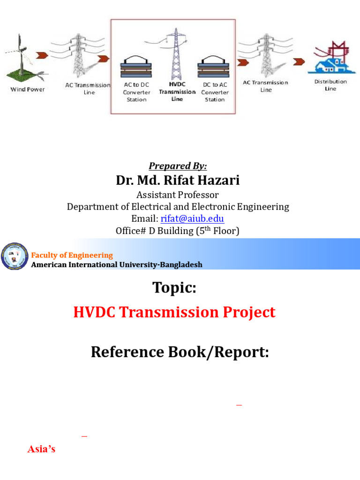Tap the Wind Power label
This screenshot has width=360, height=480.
click(x=28, y=89)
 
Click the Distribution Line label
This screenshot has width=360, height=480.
click(x=330, y=85)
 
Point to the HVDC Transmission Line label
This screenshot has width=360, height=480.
click(x=177, y=92)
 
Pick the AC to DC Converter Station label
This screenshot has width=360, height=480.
click(x=136, y=92)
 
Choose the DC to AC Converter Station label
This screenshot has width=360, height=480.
click(x=215, y=92)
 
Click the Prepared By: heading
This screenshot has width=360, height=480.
click(x=178, y=166)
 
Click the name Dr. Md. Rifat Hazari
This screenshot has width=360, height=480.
click(x=178, y=180)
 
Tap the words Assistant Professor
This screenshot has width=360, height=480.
click(x=177, y=194)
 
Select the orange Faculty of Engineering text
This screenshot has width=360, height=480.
click(x=72, y=255)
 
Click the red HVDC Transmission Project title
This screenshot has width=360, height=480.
click(x=174, y=313)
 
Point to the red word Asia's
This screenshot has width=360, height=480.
click(x=41, y=449)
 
